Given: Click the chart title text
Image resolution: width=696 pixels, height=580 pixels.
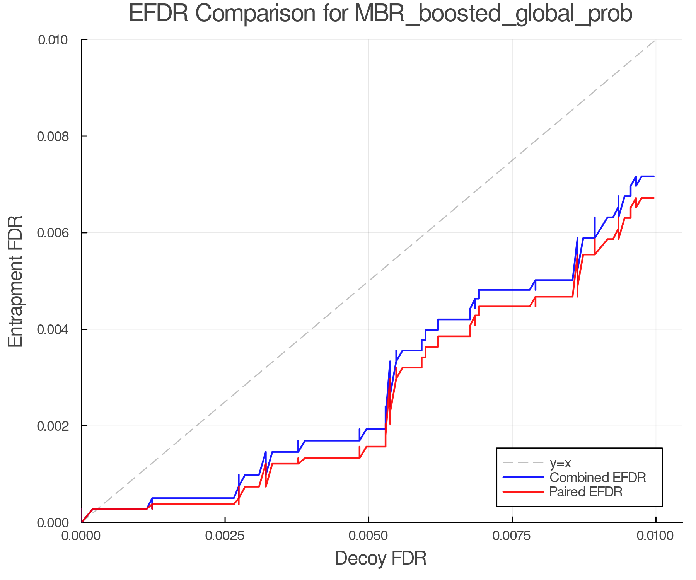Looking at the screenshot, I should pyautogui.click(x=380, y=14).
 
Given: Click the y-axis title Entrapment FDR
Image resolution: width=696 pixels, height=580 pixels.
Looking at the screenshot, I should pyautogui.click(x=15, y=281).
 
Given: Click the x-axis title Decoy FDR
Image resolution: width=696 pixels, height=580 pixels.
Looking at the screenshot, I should pyautogui.click(x=380, y=558).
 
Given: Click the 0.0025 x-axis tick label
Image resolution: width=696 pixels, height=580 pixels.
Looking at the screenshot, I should pyautogui.click(x=225, y=536).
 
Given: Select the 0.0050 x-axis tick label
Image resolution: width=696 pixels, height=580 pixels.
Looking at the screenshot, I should pyautogui.click(x=368, y=536).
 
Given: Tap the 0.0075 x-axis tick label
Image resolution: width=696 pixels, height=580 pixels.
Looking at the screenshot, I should pyautogui.click(x=512, y=536).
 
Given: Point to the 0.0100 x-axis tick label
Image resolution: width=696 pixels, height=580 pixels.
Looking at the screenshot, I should pyautogui.click(x=655, y=536).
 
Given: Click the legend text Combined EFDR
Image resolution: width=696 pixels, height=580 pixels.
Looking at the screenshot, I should pyautogui.click(x=598, y=478).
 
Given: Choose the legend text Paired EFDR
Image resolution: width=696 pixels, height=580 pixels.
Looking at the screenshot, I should pyautogui.click(x=586, y=492).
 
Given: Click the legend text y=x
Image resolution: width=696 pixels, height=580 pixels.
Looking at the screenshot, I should pyautogui.click(x=560, y=463).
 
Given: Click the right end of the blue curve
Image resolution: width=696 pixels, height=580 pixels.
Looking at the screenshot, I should pyautogui.click(x=653, y=176).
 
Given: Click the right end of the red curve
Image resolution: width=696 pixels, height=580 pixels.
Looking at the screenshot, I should pyautogui.click(x=653, y=198).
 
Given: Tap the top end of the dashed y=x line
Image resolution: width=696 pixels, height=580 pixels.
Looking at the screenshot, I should pyautogui.click(x=655, y=40).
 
